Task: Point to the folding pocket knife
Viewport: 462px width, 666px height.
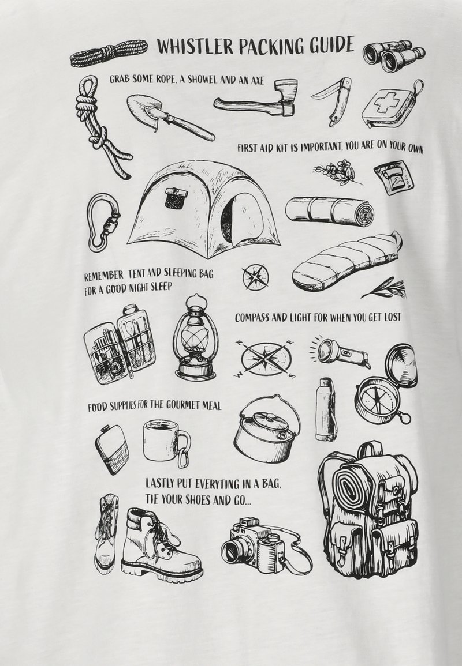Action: pos(333,100)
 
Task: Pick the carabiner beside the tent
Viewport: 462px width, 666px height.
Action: pos(103,221)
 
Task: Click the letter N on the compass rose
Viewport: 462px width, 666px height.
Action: pos(240,343)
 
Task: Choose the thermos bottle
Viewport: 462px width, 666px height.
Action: pos(326,409)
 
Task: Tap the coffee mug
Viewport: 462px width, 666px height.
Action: pos(166,441)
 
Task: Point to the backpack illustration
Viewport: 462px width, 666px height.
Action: pos(368,510)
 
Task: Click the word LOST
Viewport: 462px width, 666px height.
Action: pos(390,317)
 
